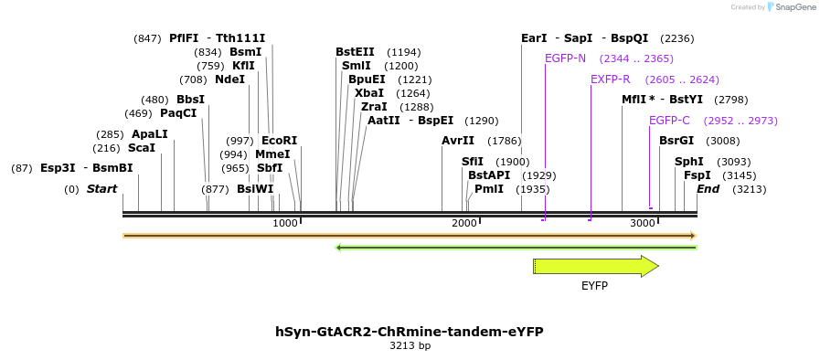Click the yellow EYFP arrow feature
(595, 266)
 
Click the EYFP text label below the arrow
(594, 285)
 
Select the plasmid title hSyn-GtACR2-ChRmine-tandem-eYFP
(410, 332)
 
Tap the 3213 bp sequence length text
(410, 346)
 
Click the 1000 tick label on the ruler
(285, 224)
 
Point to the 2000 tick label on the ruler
(464, 224)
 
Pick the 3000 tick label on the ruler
(643, 224)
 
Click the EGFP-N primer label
(565, 58)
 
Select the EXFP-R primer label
(611, 79)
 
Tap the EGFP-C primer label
(669, 121)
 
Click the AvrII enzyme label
(458, 141)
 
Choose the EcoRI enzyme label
(280, 141)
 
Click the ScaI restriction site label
(142, 148)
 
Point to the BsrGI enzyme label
(676, 141)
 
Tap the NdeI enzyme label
(230, 79)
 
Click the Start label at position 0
(102, 189)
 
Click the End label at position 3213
(708, 189)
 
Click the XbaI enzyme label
(369, 93)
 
